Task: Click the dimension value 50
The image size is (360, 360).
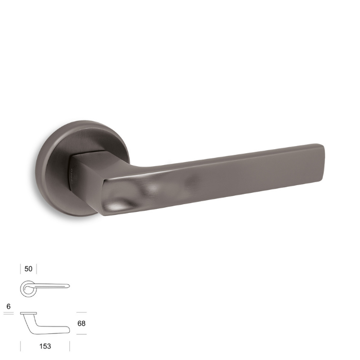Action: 28,268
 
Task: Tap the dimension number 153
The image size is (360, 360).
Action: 45,346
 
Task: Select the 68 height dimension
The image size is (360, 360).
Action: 81,323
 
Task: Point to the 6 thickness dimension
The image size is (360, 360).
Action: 9,307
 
